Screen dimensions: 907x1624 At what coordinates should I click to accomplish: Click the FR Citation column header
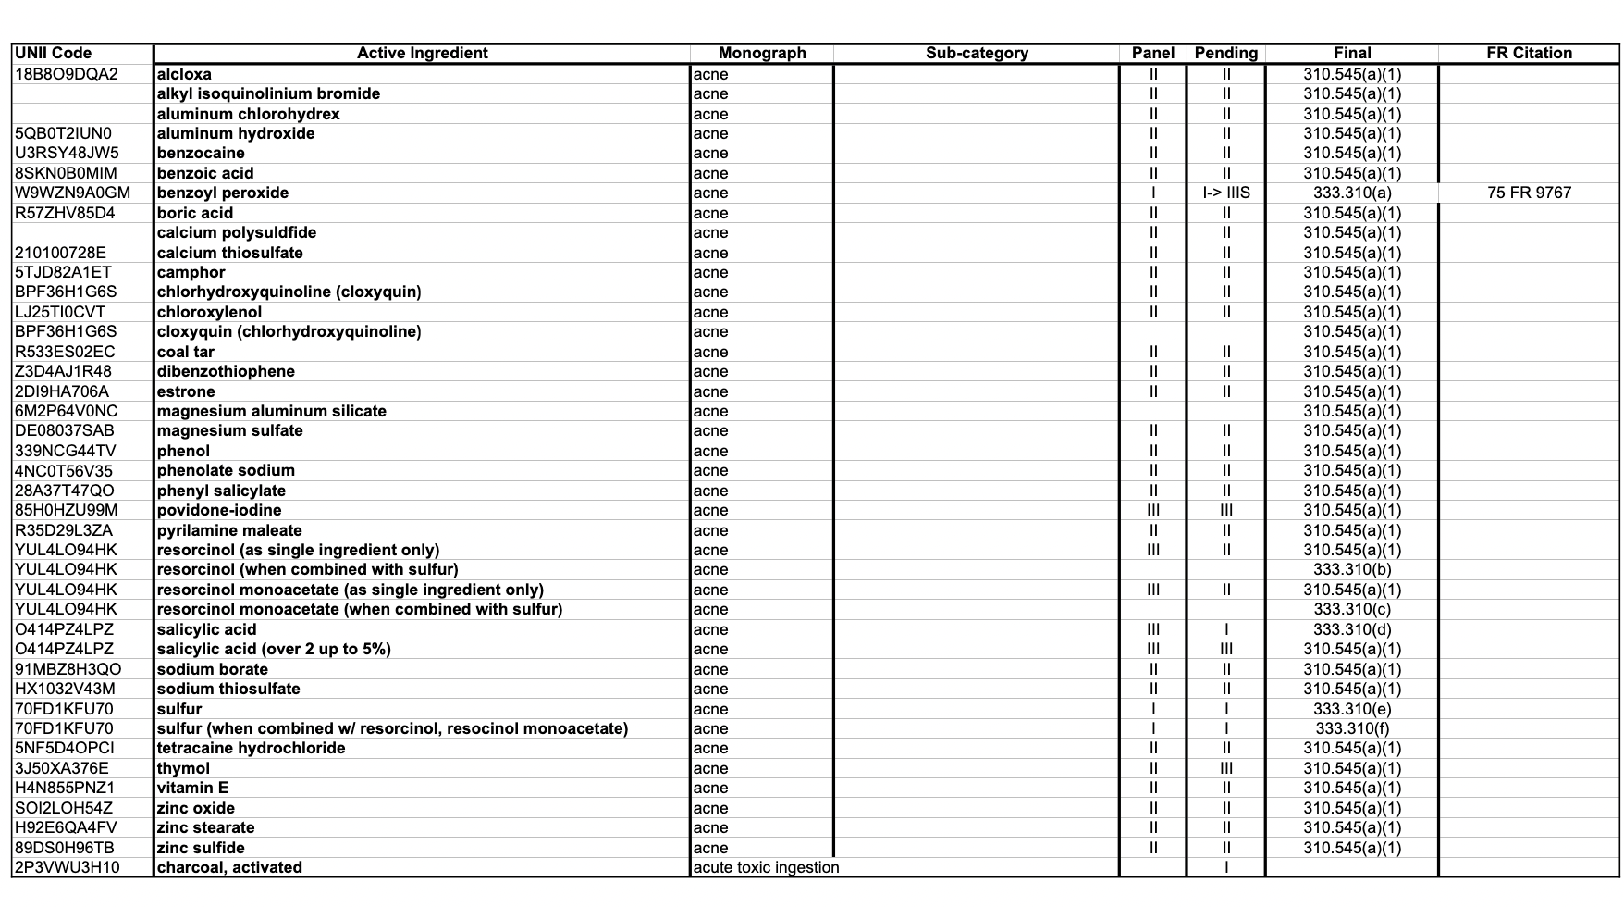(x=1529, y=53)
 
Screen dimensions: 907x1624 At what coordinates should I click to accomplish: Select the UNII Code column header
(x=54, y=53)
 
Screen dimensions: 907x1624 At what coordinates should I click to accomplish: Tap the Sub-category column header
(x=977, y=53)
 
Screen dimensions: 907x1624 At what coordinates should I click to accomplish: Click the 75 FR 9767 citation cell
(x=1529, y=193)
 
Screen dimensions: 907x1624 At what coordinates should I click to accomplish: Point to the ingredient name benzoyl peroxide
(x=223, y=193)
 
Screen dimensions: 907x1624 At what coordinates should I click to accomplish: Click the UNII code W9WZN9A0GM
(x=72, y=193)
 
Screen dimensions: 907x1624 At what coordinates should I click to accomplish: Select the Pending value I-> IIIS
(x=1226, y=193)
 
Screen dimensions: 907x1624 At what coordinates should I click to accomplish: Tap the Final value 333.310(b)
(x=1352, y=569)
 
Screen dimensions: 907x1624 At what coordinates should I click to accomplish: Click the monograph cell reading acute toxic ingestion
(x=766, y=867)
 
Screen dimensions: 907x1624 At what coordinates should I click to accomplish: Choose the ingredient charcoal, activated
(x=229, y=867)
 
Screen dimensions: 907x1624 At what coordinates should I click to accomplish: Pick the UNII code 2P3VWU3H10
(x=68, y=867)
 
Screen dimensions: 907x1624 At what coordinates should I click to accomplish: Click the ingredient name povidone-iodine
(x=219, y=510)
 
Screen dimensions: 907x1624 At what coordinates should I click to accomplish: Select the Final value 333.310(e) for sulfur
(x=1352, y=709)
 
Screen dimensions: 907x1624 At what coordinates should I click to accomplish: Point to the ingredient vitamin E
(x=192, y=788)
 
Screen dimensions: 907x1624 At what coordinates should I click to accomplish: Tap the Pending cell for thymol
(x=1226, y=768)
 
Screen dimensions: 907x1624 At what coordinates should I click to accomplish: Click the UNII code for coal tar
(x=65, y=352)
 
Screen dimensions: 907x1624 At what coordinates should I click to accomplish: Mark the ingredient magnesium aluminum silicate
(x=272, y=411)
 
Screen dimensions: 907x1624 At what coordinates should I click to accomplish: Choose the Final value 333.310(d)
(x=1352, y=629)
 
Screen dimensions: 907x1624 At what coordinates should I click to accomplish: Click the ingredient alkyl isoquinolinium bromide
(x=268, y=93)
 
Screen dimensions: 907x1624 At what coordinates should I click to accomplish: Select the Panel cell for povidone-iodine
(x=1152, y=510)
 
